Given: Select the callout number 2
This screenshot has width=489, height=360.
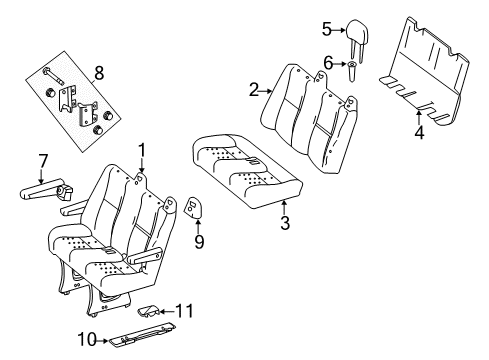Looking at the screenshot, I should click(x=254, y=89).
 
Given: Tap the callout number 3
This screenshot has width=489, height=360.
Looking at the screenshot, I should click(x=285, y=224).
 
